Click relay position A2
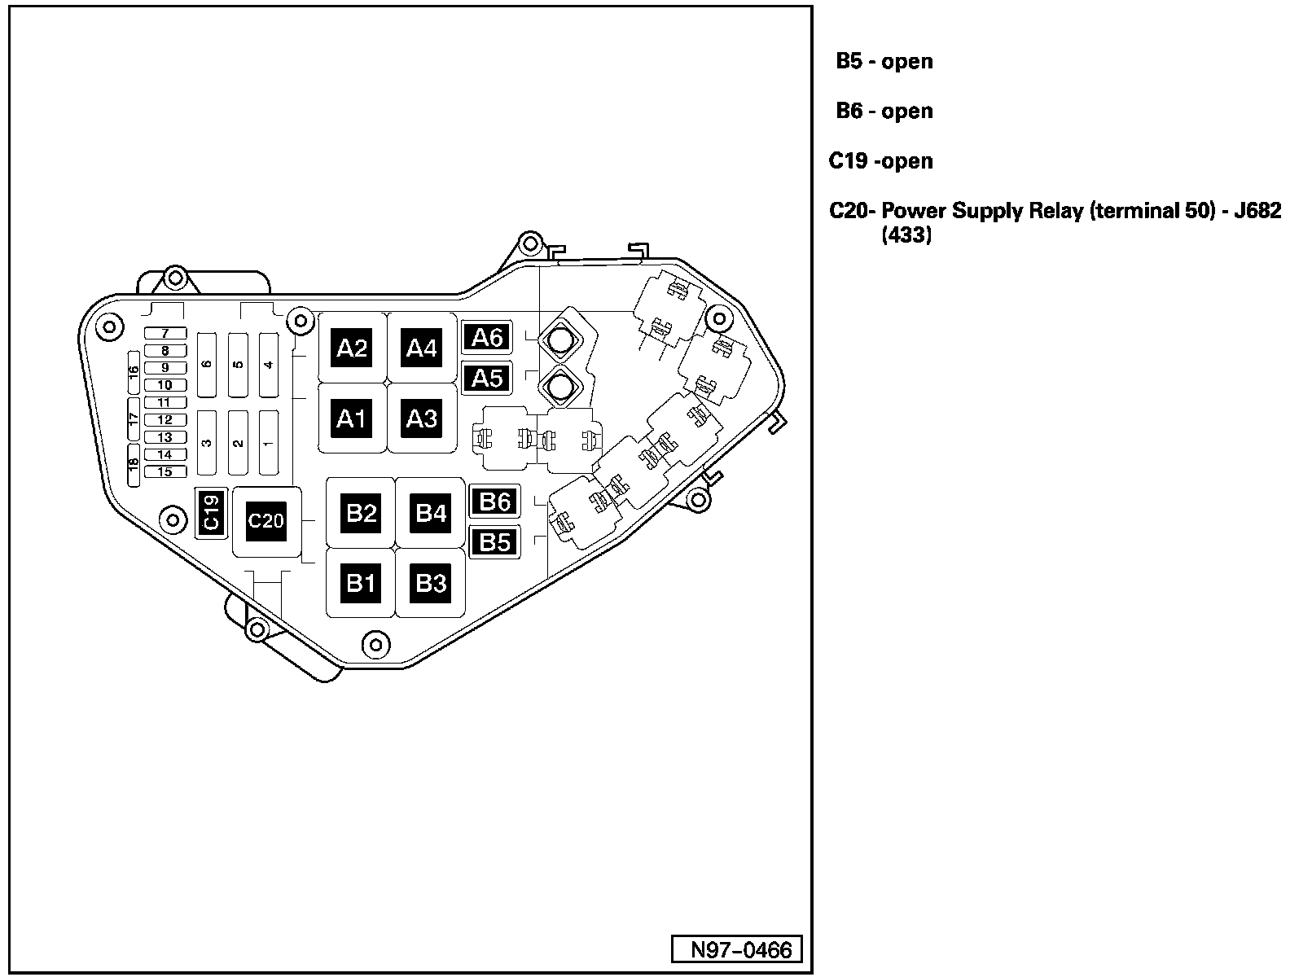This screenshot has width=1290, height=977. (352, 348)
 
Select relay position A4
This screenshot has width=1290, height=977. (422, 348)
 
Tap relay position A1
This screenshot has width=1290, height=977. (352, 418)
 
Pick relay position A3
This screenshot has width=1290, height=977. (422, 418)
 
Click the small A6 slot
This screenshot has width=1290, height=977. (487, 337)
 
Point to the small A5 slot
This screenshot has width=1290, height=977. (487, 378)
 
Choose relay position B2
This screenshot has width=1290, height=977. (362, 513)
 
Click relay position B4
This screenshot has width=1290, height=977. (431, 513)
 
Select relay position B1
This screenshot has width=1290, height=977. (362, 583)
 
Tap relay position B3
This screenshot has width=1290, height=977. (431, 583)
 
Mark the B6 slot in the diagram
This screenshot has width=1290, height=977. (494, 501)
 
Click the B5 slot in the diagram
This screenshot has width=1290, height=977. (494, 541)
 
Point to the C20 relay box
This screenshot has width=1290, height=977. (266, 520)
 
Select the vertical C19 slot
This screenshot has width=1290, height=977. (211, 513)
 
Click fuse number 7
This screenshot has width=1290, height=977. (165, 334)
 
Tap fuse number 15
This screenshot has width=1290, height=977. (165, 472)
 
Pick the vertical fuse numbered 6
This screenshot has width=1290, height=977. (207, 364)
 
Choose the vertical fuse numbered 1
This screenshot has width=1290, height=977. (268, 443)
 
